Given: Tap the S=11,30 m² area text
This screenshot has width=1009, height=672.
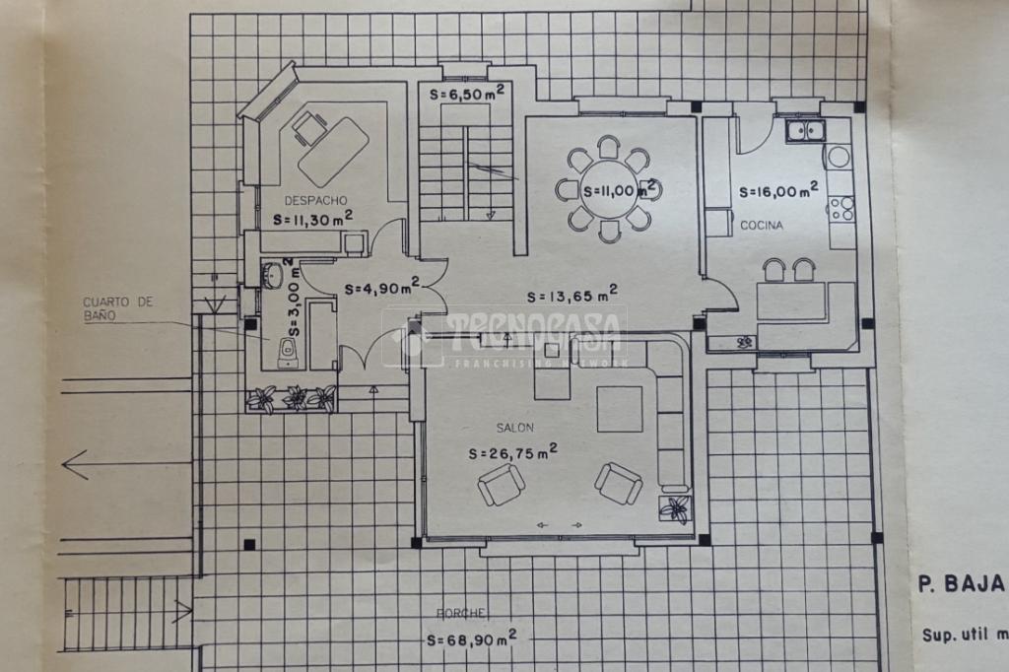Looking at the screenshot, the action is [x=314, y=217].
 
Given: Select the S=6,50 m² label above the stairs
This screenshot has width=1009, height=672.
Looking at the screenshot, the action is [x=468, y=94].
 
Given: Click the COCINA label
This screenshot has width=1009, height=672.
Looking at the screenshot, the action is [x=762, y=227].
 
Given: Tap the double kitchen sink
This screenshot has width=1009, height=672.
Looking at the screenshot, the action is [x=805, y=129].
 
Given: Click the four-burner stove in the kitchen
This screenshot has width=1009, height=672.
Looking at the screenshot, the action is [x=841, y=208].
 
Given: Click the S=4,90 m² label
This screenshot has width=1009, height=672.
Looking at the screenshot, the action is [x=382, y=288].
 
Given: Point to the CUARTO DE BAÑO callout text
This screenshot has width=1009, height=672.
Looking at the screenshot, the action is [x=118, y=309].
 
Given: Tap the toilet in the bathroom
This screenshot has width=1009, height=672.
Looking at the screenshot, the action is [x=287, y=350].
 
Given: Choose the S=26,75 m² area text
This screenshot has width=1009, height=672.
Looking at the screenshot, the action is [x=512, y=452].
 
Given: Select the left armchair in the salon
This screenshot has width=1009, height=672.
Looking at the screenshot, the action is [x=501, y=485].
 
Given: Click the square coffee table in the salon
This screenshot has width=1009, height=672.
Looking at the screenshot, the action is [x=619, y=409].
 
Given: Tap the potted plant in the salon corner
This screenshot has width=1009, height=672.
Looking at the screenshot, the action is [x=676, y=508].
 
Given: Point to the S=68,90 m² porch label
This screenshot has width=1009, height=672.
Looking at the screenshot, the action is [x=474, y=639].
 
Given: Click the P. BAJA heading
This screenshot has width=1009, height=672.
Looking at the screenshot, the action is [x=961, y=583].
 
